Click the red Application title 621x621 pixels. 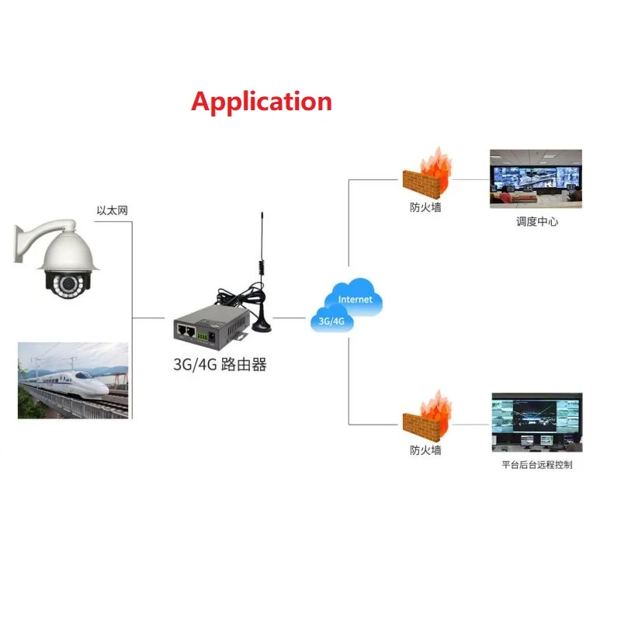(262, 102)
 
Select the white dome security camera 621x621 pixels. (67, 264)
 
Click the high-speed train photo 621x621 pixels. (73, 380)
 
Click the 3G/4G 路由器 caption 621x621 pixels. (220, 364)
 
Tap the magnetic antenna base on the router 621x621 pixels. (260, 321)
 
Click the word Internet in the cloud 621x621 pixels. (355, 299)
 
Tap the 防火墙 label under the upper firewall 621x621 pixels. (425, 207)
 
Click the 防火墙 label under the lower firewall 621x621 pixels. (425, 450)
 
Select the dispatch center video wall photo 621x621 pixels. (535, 179)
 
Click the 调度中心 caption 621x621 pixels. (537, 221)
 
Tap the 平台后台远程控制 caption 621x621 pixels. (537, 465)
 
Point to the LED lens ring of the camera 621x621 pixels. (68, 286)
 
